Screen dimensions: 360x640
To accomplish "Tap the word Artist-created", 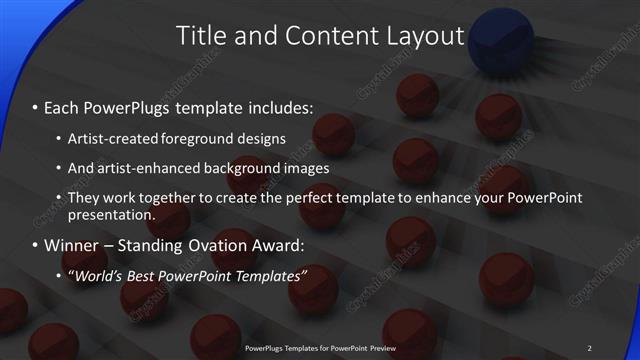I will pyautogui.click(x=109, y=138).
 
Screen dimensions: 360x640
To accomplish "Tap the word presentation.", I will pyautogui.click(x=112, y=214).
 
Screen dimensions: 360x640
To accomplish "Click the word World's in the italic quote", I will pyautogui.click(x=100, y=275).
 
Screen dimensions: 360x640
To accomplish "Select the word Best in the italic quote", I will pyautogui.click(x=150, y=275).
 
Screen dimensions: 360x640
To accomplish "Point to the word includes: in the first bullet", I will pyautogui.click(x=280, y=105).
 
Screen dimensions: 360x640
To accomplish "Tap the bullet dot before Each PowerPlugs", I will pyautogui.click(x=34, y=106).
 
